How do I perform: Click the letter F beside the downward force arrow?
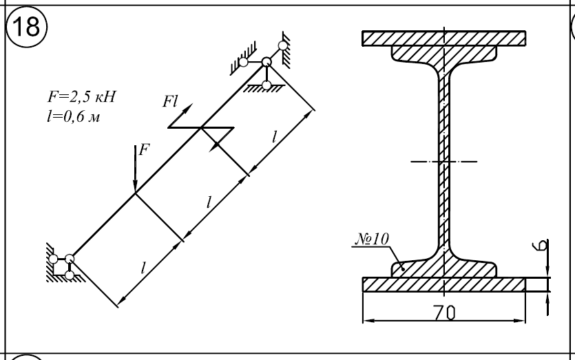pos(143,151)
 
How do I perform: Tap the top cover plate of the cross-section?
pos(444,37)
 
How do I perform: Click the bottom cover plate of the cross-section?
pos(444,284)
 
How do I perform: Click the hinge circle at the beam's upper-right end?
pos(266,63)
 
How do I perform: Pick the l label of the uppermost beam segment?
pos(274,136)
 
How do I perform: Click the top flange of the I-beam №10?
pos(444,53)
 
